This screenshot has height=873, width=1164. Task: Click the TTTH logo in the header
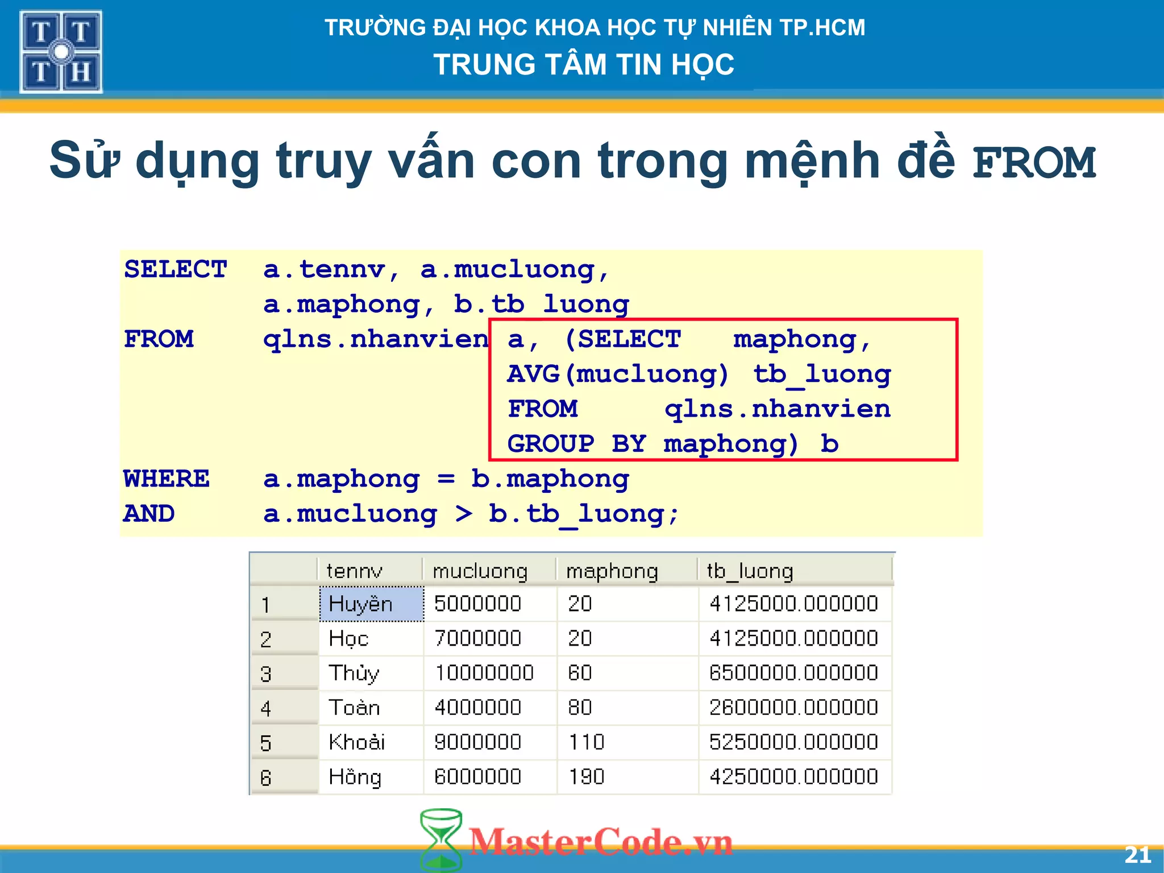(61, 52)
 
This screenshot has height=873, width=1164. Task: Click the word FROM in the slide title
(1033, 163)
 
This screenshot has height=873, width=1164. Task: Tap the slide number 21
(1137, 855)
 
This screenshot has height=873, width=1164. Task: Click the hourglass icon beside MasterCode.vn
(440, 840)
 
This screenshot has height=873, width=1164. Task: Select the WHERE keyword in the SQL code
(167, 479)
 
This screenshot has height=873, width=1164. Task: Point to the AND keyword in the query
(149, 514)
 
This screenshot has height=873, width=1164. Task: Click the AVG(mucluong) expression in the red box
(617, 374)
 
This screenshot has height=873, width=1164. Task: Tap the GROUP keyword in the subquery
(551, 444)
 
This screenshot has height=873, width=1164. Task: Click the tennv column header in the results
(354, 571)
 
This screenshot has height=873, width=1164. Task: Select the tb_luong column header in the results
(749, 571)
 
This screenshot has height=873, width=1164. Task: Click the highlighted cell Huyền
(360, 604)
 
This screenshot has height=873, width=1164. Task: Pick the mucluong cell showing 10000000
(484, 673)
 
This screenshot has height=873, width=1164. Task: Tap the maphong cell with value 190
(586, 777)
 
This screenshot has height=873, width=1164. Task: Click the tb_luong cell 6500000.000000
(793, 673)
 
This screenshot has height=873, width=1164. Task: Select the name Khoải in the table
(357, 742)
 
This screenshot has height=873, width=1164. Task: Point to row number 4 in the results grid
(266, 708)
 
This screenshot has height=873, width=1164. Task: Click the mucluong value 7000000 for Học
(477, 638)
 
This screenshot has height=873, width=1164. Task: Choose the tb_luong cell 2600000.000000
(793, 708)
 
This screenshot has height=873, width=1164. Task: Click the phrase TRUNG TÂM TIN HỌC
(584, 64)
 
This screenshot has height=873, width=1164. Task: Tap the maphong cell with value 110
(586, 742)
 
